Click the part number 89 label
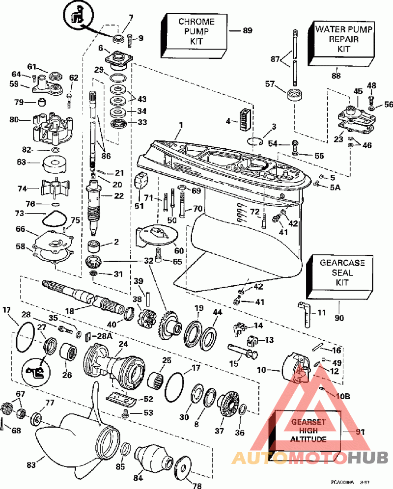(x=247, y=31)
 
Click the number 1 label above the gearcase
(x=180, y=126)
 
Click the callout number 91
(x=361, y=432)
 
